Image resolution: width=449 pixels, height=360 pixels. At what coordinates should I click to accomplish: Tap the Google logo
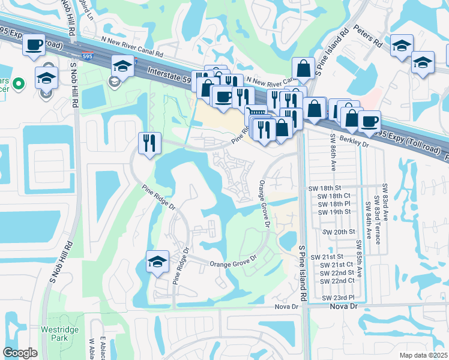(20, 353)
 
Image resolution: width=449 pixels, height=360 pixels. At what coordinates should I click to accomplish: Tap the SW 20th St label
(339, 232)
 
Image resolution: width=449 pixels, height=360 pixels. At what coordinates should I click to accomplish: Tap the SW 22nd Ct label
(337, 281)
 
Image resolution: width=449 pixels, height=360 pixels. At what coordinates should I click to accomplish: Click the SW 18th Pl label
(334, 204)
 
